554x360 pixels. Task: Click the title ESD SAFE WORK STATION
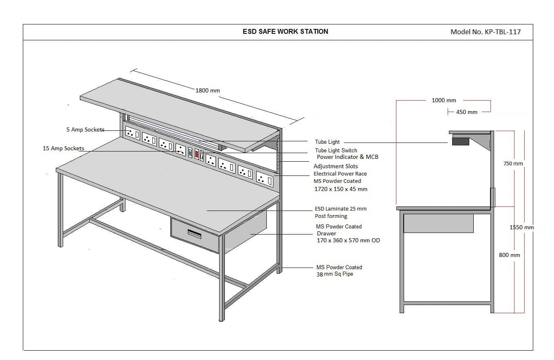pos(286,32)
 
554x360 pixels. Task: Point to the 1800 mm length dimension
pos(208,90)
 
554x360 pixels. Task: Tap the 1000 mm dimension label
pos(444,100)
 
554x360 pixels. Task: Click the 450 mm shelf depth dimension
pos(467,112)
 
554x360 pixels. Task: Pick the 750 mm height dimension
pos(513,163)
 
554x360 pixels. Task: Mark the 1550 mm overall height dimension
pos(521,227)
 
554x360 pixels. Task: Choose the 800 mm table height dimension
pos(510,255)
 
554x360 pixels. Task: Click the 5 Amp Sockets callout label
pos(85,130)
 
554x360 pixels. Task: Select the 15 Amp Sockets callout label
pos(64,148)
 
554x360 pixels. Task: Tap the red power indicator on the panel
pos(197,154)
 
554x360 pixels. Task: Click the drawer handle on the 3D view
pos(195,234)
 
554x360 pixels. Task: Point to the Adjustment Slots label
pos(336,166)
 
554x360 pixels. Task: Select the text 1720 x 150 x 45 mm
pos(341,189)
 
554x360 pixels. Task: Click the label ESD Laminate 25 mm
pos(341,209)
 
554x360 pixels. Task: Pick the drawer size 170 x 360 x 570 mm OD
pos(348,240)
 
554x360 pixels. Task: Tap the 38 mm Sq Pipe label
pos(334,274)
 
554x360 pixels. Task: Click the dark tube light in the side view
pos(461,141)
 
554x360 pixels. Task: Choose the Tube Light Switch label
pos(336,150)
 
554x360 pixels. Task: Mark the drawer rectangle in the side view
pos(438,223)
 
